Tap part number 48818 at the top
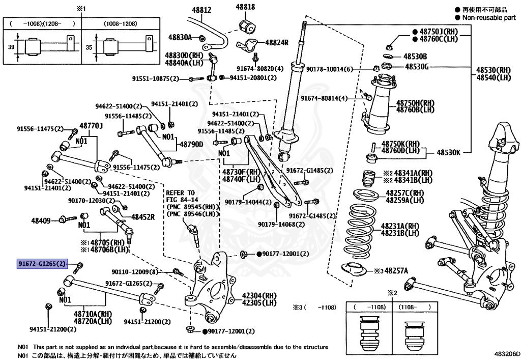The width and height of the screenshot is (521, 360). (x=245, y=7)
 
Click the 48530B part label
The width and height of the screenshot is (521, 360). (x=415, y=56)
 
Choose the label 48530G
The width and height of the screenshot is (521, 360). (x=417, y=67)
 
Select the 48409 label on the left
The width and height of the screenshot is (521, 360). (x=41, y=220)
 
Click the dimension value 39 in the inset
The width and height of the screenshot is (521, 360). (x=11, y=47)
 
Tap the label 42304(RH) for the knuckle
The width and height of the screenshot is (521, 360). (x=259, y=295)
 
